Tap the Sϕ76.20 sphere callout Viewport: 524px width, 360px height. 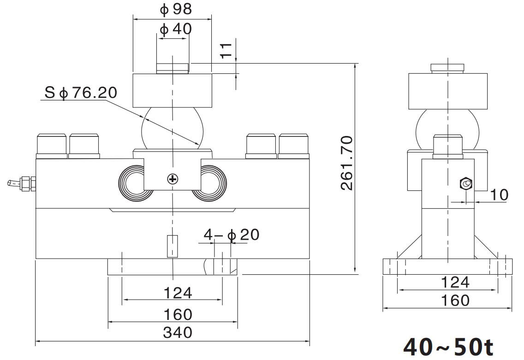tap(81, 93)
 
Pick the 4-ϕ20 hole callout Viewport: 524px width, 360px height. tap(232, 235)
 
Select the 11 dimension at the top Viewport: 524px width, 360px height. tap(226, 51)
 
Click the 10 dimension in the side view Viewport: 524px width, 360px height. tap(498, 195)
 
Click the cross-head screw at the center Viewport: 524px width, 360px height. tap(173, 179)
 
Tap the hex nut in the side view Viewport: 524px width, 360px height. tap(465, 184)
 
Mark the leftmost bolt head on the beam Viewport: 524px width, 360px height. tap(52, 145)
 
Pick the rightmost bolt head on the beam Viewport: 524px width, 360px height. tap(293, 145)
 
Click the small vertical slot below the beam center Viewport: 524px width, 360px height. tap(172, 246)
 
